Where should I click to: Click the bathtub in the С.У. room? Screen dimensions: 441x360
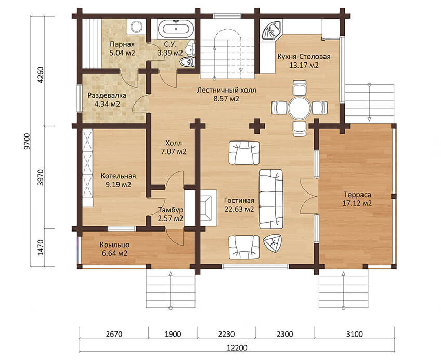pos(176,29)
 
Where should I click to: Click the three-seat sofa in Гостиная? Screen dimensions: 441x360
pos(271,199)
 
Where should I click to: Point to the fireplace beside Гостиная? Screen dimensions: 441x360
pos(209,208)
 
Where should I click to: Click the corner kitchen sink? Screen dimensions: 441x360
pos(271,30)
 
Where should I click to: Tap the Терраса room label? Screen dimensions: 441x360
pos(357,195)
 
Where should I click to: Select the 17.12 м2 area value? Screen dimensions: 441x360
pos(357,203)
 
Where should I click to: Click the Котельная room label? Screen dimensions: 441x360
pos(118,176)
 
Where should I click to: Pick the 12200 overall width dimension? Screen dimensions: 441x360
pos(237,348)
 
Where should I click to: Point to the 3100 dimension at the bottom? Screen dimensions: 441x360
pos(354,334)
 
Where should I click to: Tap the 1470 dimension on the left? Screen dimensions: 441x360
pos(41,247)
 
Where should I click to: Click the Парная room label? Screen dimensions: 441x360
pos(122,44)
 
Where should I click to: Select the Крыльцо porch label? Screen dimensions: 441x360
pos(114,245)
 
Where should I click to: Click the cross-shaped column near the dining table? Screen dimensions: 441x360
pos(257,126)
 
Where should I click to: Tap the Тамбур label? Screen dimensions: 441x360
pos(171,210)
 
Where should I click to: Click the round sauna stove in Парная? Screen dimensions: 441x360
pos(137,27)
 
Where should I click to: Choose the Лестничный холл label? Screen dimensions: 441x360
pos(226,91)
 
